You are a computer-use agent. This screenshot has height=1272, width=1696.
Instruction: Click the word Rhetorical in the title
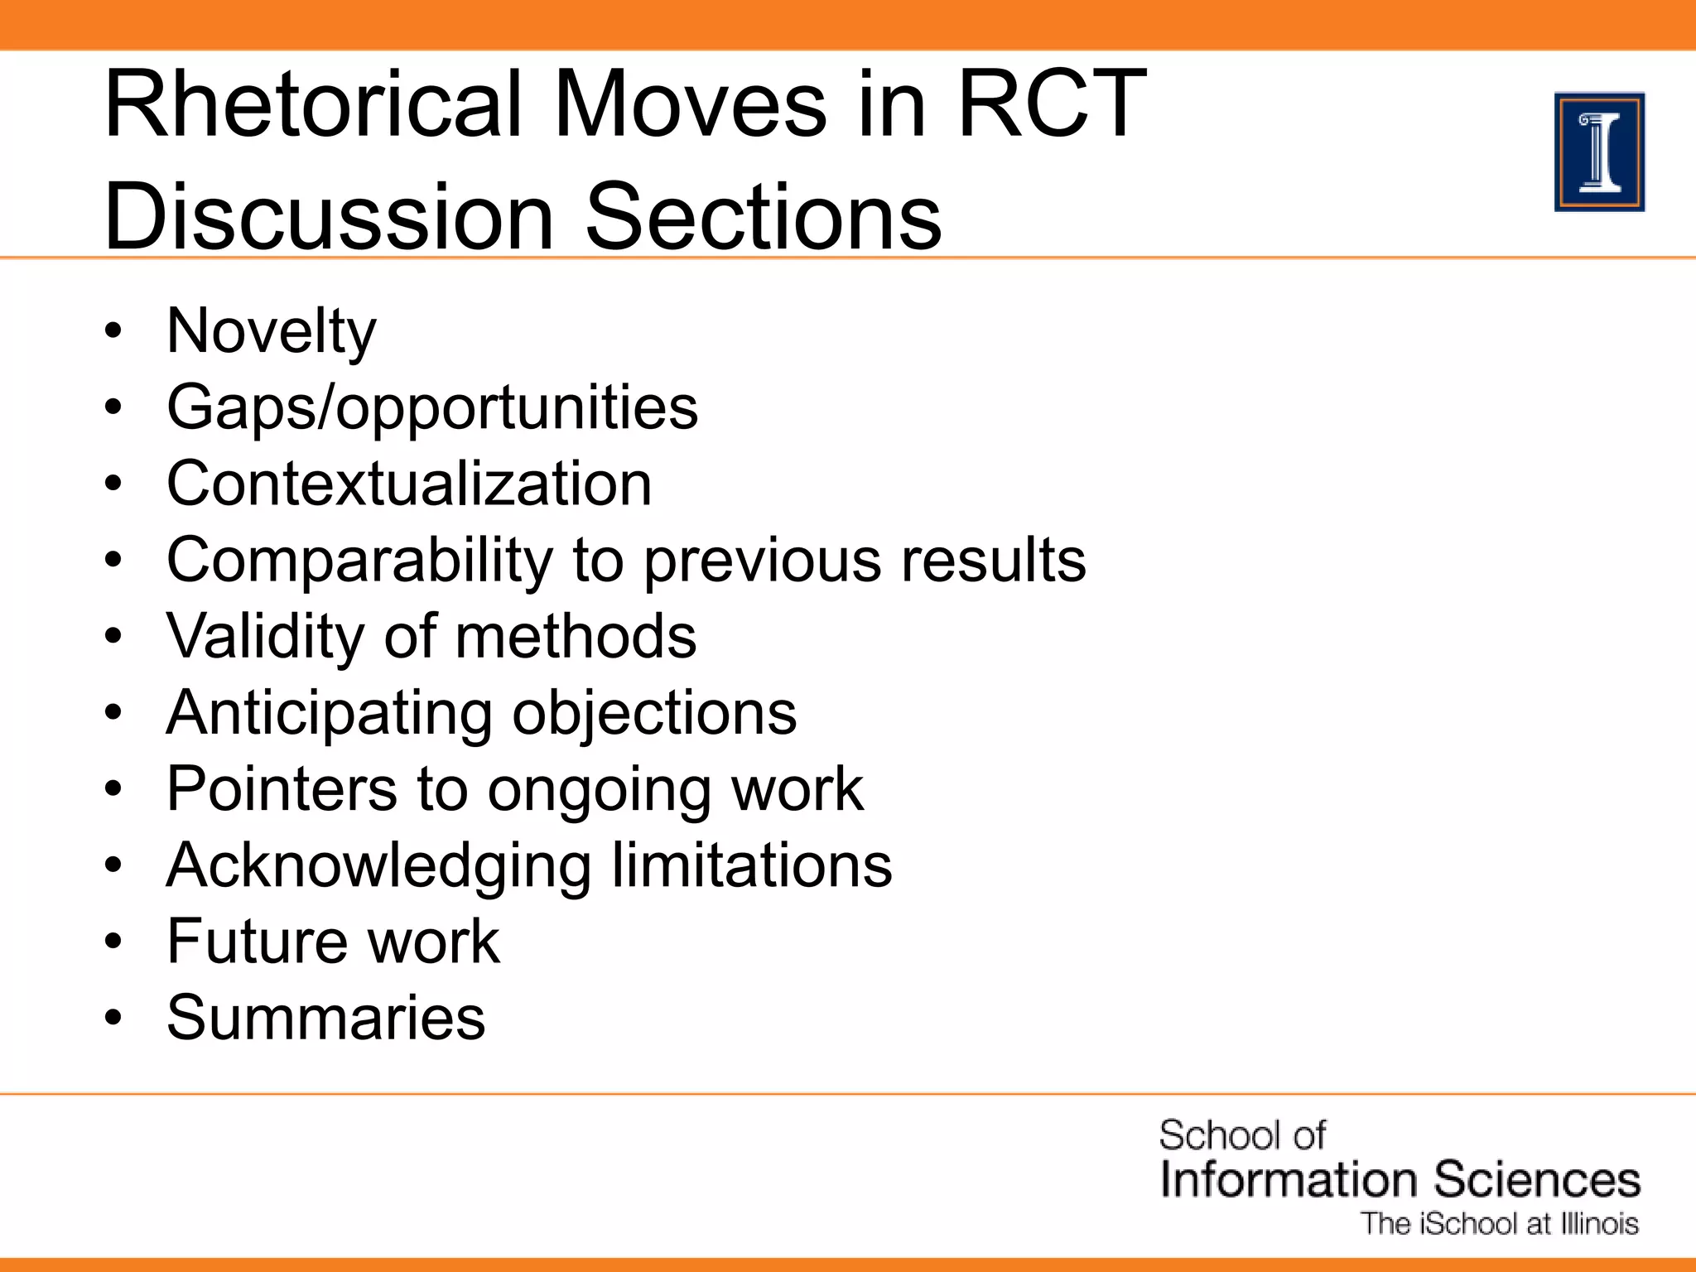coord(315,105)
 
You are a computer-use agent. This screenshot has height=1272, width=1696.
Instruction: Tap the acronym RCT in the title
coord(1052,105)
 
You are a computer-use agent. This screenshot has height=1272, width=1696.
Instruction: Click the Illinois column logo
coord(1599,152)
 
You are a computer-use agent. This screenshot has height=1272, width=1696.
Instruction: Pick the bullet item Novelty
coord(271,331)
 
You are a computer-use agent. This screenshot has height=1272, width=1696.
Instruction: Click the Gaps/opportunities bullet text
coord(432,407)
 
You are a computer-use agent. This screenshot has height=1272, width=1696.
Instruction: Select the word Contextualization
coord(409,484)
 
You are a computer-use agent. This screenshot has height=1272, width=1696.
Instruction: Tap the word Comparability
coord(359,561)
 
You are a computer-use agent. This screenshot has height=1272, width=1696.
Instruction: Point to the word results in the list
coord(993,561)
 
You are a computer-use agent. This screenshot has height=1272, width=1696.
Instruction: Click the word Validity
coord(264,636)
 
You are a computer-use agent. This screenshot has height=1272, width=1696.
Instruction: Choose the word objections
coord(654,713)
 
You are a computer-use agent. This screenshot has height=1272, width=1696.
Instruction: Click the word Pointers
coord(282,789)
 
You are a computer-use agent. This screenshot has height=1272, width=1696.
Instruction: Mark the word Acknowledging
coord(378,865)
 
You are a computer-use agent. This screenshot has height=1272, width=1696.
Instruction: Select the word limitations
coord(752,865)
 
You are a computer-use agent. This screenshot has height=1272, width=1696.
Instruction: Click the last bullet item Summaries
coord(325,1018)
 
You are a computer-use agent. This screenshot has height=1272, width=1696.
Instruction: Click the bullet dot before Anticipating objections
coord(113,713)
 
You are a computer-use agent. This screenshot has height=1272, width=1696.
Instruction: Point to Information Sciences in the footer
coord(1400,1180)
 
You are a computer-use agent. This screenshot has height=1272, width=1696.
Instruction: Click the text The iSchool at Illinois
coord(1500,1224)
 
